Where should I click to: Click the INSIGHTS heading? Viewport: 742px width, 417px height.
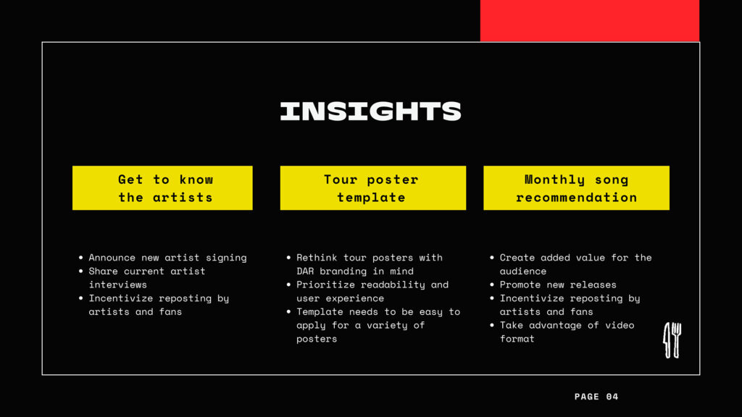click(x=370, y=111)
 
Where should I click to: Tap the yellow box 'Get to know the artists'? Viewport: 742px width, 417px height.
click(x=162, y=188)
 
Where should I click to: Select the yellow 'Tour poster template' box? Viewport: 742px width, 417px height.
click(x=373, y=188)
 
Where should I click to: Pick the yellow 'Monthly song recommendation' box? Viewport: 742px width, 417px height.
click(x=576, y=188)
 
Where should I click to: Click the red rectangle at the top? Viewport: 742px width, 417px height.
click(x=590, y=21)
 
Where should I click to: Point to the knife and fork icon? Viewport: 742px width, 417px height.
click(x=672, y=340)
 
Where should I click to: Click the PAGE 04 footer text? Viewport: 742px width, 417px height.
click(x=596, y=397)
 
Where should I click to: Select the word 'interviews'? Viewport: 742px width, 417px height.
click(x=118, y=285)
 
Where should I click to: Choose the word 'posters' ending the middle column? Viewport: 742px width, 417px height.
click(x=317, y=339)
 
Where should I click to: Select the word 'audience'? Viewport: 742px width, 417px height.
click(x=523, y=271)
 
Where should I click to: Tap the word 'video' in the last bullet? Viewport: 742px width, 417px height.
click(x=620, y=325)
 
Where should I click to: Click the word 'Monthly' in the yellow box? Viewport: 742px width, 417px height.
click(x=554, y=180)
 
